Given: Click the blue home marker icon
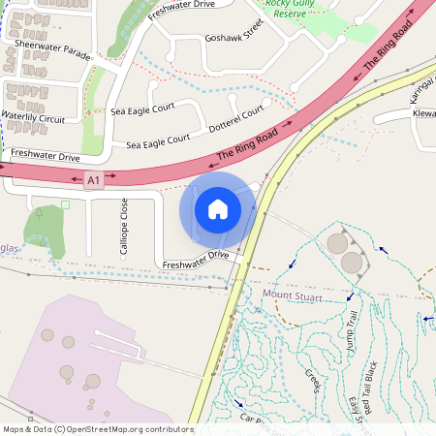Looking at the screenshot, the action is (x=218, y=208).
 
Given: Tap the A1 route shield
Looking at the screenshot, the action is (x=93, y=180).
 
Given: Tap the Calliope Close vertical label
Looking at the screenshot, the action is (x=124, y=226).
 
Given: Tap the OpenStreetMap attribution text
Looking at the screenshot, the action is (x=97, y=429).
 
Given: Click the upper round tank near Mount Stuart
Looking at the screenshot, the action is (x=337, y=242).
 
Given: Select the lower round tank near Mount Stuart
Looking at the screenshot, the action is (x=352, y=262).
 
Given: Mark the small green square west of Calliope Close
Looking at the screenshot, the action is (x=65, y=204).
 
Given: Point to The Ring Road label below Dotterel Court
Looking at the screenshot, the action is (x=247, y=143).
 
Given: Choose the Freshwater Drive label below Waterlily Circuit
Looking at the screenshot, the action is (x=45, y=155).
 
